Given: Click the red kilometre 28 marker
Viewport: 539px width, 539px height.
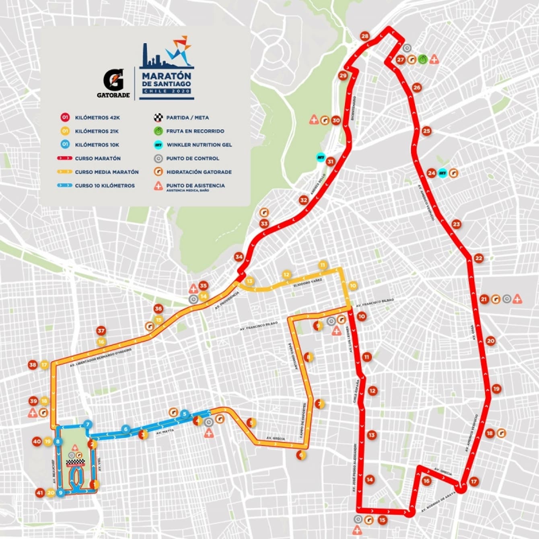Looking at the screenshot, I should coord(365,36).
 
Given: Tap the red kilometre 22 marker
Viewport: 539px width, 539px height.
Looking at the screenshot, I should coord(478,258).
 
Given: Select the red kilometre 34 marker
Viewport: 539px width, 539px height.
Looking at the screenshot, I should coord(239,257).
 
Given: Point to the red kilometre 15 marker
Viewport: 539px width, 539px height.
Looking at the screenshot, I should coord(382,520).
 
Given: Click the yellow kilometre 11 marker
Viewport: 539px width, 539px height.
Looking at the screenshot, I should coord(322,265).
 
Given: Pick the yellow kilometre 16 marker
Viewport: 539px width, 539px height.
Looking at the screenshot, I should coord(101,342).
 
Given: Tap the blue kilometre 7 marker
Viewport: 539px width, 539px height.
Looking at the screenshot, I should coord(88,424).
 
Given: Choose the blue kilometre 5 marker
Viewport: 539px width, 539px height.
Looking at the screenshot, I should coord(184,414).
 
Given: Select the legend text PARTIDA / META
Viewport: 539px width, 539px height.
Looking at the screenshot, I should coord(187,118).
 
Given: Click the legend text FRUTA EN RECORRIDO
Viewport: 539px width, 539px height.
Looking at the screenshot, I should coord(195,131).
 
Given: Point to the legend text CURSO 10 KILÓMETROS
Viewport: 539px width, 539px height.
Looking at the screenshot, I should coord(105,185).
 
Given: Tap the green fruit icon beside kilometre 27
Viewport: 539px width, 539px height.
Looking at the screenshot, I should coord(422,60).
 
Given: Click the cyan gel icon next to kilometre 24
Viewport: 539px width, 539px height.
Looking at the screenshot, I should coord(442,173).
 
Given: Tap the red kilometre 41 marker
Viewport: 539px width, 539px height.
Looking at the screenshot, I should coord(39,493).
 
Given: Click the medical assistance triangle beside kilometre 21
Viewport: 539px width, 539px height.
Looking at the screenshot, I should coord(517,299).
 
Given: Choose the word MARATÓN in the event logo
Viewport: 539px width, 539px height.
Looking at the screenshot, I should coord(166,76).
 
